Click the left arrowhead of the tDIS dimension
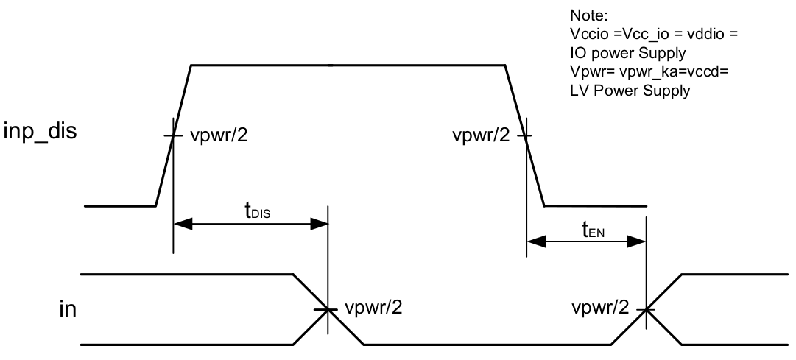tap(180, 225)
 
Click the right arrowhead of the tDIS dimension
tap(323, 225)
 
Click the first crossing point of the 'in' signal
tap(328, 310)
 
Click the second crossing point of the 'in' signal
tap(647, 310)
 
